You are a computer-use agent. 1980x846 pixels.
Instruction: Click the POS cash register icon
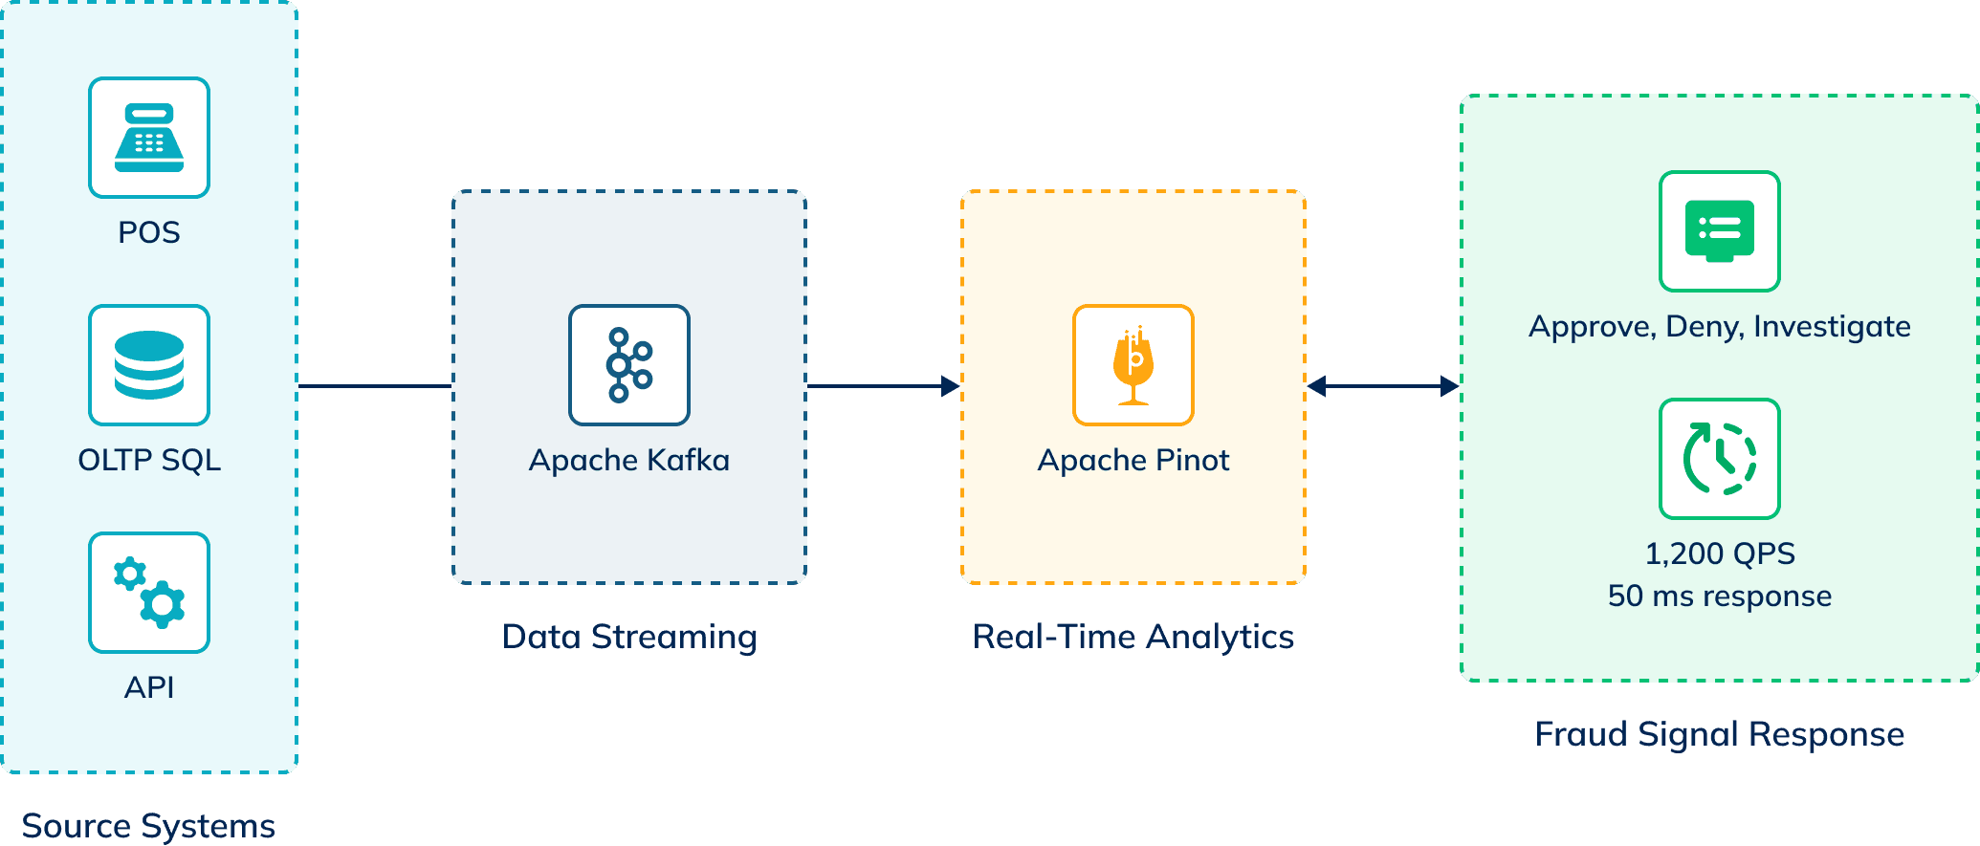point(149,138)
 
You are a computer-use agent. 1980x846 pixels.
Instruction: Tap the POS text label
point(149,232)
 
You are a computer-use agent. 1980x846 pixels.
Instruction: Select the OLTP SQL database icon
point(149,365)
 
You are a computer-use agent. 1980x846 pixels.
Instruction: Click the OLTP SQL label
point(149,460)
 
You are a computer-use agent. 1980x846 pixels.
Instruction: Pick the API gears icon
point(149,593)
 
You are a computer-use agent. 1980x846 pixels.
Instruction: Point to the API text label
point(149,687)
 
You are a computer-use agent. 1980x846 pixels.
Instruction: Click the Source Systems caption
point(148,825)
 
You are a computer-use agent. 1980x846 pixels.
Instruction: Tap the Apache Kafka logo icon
point(629,365)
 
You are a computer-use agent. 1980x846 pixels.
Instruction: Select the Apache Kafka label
point(629,460)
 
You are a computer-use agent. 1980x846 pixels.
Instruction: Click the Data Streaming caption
point(629,637)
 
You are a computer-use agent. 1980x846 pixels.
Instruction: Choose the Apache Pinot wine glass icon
point(1133,365)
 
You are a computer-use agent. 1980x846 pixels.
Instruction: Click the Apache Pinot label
point(1133,460)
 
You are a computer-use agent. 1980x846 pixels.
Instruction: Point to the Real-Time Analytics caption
point(1133,637)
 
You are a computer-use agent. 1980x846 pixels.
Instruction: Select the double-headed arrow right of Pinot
point(1383,386)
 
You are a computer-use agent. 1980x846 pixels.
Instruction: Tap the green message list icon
point(1720,231)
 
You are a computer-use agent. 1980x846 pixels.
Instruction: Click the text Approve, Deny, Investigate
point(1720,326)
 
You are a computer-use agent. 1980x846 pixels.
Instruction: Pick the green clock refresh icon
point(1720,459)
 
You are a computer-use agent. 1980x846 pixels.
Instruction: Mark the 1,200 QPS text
point(1720,553)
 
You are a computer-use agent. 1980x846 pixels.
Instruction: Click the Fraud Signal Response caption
point(1720,734)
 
